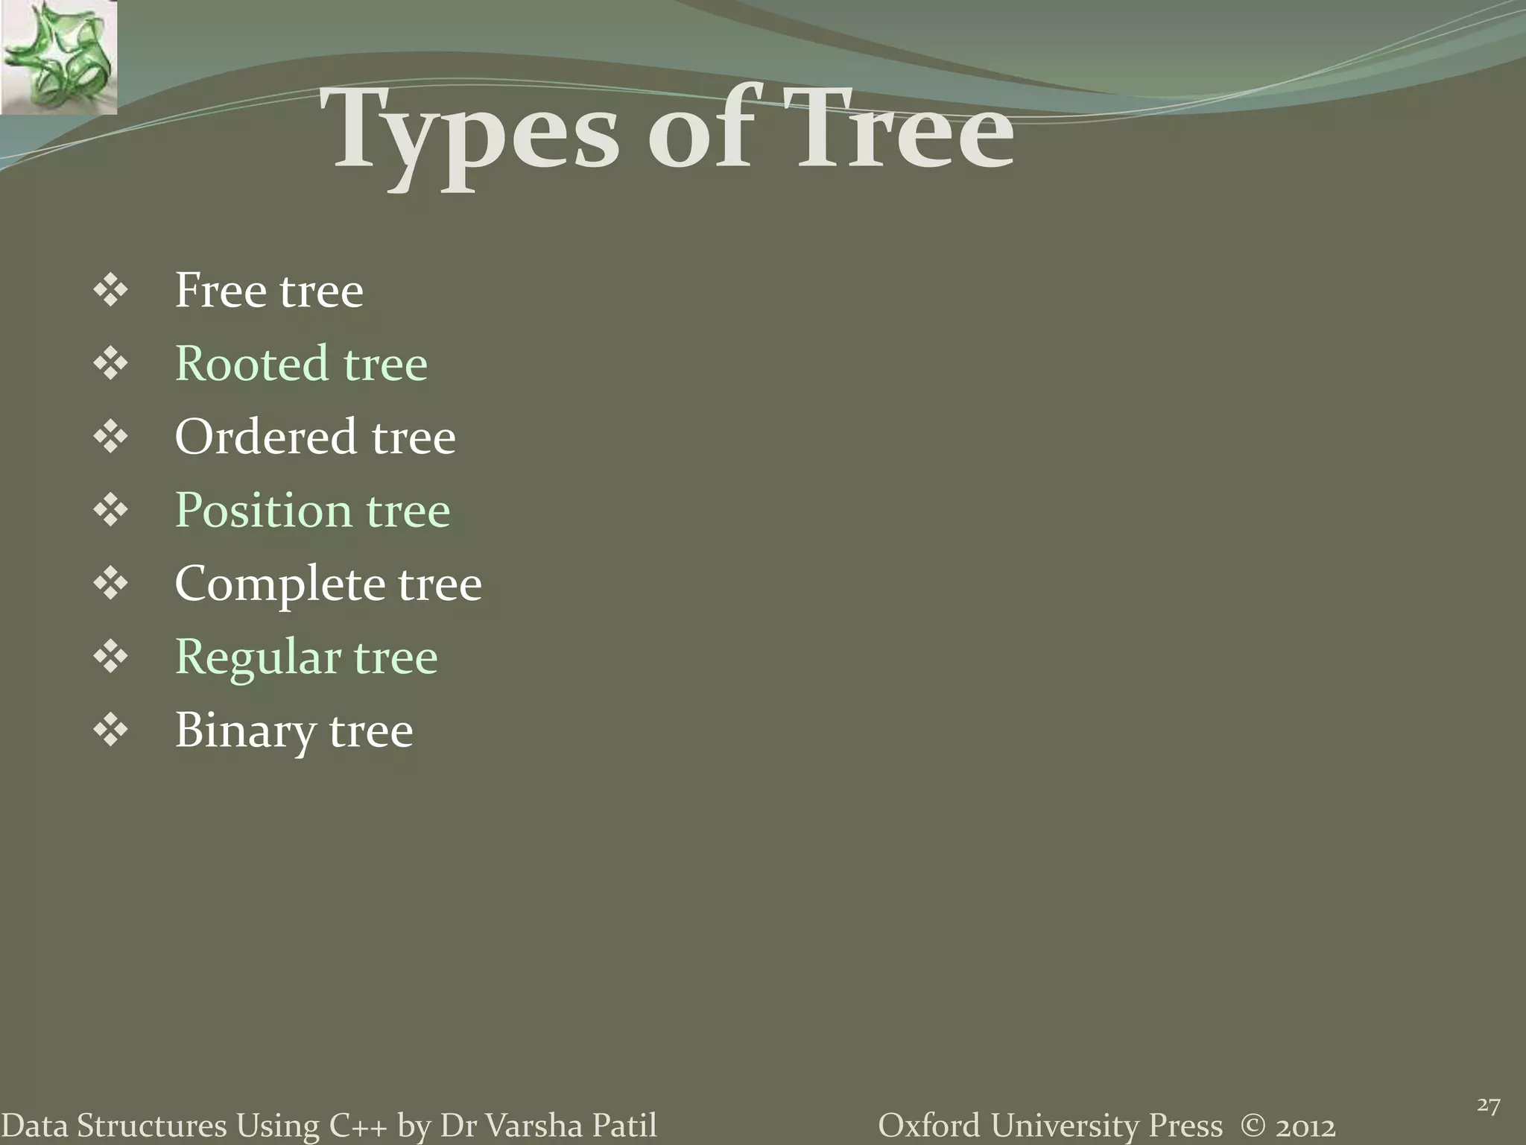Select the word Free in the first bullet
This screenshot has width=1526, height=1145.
pyautogui.click(x=220, y=290)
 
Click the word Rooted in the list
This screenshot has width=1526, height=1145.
pyautogui.click(x=251, y=364)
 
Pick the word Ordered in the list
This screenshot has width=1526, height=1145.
pyautogui.click(x=265, y=437)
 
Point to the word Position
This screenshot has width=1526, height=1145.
pyautogui.click(x=263, y=511)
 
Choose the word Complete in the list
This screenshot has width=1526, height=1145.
pyautogui.click(x=279, y=584)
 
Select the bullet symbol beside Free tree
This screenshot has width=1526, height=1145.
pyautogui.click(x=111, y=291)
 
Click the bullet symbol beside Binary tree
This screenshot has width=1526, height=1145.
pyautogui.click(x=111, y=731)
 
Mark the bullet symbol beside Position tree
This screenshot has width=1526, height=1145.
pyautogui.click(x=111, y=511)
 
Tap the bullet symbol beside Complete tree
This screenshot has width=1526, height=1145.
pyautogui.click(x=111, y=584)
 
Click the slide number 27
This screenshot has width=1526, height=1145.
pyautogui.click(x=1488, y=1105)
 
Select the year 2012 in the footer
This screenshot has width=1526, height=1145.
pyautogui.click(x=1305, y=1126)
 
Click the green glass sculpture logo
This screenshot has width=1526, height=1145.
pyautogui.click(x=58, y=57)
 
